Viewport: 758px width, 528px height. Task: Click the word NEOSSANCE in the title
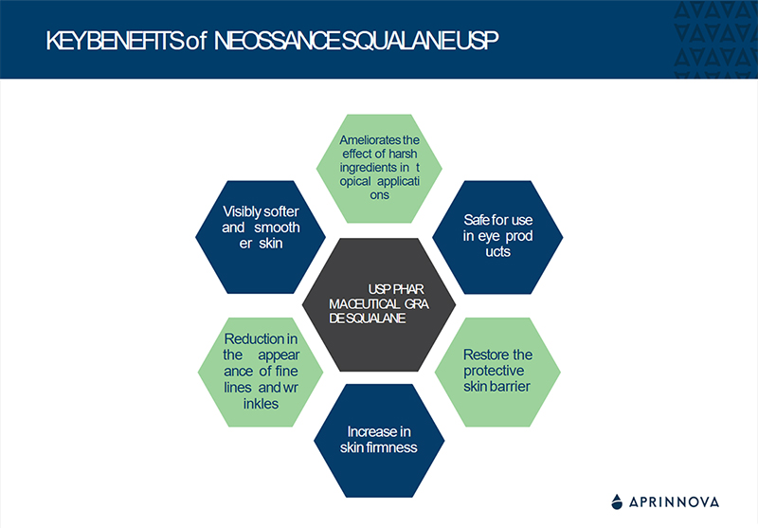pos(280,42)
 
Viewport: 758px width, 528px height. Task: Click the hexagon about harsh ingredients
pos(379,167)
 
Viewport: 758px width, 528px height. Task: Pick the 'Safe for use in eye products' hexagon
pos(497,236)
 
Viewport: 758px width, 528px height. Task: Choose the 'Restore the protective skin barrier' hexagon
pos(497,370)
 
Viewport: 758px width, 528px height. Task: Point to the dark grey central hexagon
pos(379,303)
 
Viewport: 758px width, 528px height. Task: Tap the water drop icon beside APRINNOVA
pos(617,501)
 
